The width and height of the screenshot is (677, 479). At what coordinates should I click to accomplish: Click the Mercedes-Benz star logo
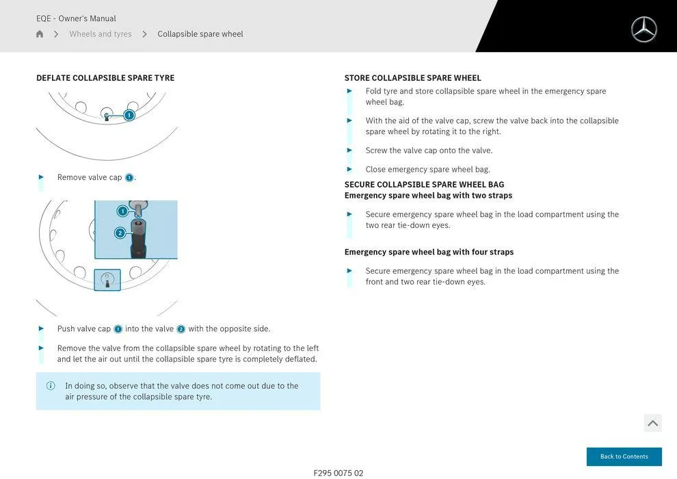[x=643, y=29]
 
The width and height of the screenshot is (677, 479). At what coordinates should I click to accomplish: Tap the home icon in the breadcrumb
[x=40, y=34]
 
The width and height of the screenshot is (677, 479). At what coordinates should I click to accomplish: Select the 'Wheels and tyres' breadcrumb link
[x=101, y=34]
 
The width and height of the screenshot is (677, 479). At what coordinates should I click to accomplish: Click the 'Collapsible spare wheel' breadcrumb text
[x=200, y=34]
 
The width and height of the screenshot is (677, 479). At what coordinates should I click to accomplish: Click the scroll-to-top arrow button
[x=652, y=423]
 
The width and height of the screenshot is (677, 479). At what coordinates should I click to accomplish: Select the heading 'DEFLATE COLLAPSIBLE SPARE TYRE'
[x=105, y=78]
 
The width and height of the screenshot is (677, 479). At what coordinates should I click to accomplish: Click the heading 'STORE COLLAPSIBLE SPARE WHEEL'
[x=412, y=78]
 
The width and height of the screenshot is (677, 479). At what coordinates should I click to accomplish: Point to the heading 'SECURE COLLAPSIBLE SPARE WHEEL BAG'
[x=424, y=185]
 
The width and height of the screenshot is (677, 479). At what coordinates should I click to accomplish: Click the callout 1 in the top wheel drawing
[x=129, y=115]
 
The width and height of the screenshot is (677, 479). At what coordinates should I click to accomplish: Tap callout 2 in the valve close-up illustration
[x=120, y=233]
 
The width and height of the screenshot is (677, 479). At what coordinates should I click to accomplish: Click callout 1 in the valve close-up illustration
[x=122, y=211]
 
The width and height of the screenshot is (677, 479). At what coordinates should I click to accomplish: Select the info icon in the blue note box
[x=51, y=386]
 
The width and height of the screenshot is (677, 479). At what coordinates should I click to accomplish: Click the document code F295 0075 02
[x=338, y=473]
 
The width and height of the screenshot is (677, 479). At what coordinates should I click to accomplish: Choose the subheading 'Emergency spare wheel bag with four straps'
[x=429, y=252]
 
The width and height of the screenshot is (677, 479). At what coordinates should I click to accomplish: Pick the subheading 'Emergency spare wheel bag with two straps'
[x=428, y=196]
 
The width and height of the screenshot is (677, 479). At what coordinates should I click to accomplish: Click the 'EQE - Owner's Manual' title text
[x=76, y=18]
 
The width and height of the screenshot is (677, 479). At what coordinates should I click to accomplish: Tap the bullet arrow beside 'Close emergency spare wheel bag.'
[x=349, y=169]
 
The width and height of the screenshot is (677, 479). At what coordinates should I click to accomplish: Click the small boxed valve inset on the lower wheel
[x=107, y=279]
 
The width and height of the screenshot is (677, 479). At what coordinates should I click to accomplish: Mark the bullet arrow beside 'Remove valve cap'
[x=41, y=177]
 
